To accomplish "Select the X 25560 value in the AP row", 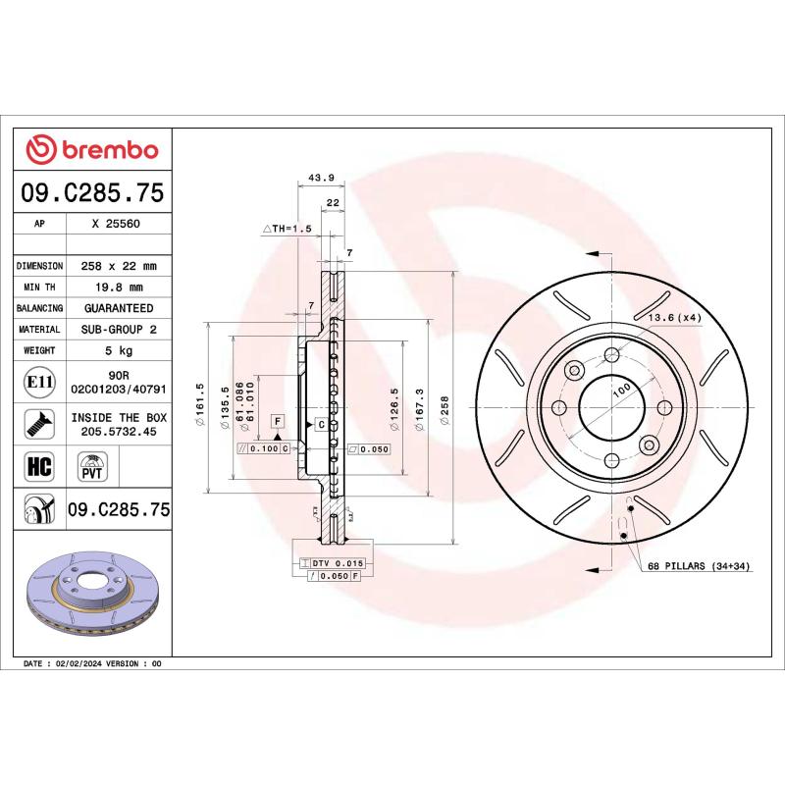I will tap(116, 224).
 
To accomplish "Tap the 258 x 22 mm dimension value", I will tap(116, 266).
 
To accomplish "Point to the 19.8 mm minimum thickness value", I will tap(116, 288).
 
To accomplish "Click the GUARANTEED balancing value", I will tap(116, 308).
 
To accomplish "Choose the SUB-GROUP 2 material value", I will tap(116, 330).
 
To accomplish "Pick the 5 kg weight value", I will tap(116, 350).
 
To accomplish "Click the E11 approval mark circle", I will tap(38, 381).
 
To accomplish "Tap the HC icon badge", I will tap(38, 464).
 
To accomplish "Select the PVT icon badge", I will tap(91, 465).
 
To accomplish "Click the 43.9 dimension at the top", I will tap(316, 178).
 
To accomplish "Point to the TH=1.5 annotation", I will tap(287, 228).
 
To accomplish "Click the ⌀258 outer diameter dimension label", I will tap(445, 407).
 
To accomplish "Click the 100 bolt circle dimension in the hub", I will tap(621, 390).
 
